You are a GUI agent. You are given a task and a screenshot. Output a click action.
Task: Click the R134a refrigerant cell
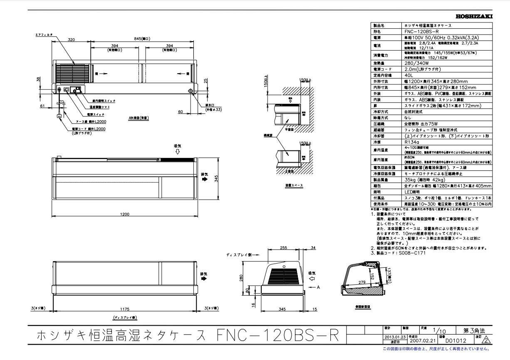tap(411, 142)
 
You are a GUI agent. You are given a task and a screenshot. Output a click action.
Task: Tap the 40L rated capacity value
tap(408, 75)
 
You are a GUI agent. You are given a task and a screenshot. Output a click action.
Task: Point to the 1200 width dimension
tap(124, 215)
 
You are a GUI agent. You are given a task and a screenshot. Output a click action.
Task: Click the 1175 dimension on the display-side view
tap(124, 309)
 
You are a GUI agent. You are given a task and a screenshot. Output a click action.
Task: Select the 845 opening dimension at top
tap(142, 39)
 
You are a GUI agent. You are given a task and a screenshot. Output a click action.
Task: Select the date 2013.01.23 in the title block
tap(393, 337)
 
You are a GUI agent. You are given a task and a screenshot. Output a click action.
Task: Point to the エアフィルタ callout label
tap(44, 35)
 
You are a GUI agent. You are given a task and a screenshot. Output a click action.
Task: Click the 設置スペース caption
tap(294, 185)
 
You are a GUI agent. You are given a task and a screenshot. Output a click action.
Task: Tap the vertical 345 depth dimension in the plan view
tap(216, 178)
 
